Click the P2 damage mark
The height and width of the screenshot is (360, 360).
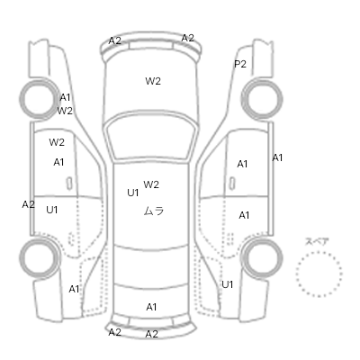240,64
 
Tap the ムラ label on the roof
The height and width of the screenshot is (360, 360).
154,211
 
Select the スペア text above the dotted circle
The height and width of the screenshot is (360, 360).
317,242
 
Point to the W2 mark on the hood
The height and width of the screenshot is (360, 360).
153,81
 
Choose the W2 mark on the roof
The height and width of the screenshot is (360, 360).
151,184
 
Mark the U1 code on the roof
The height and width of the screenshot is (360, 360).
133,193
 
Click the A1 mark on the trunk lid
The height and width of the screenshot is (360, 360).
151,307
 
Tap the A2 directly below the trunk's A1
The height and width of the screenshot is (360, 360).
151,334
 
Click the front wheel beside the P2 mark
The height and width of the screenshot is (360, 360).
262,99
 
